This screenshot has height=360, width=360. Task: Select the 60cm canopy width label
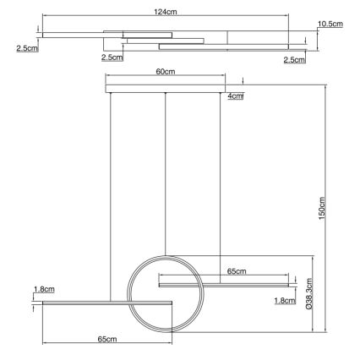pos(166,73)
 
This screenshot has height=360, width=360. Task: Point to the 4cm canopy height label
pos(236,96)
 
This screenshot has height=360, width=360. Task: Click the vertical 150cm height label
pos(321,207)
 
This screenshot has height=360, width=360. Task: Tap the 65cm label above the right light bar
pos(237,271)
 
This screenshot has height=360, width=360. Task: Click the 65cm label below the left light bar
pos(106,339)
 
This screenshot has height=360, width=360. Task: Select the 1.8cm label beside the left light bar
pos(43,290)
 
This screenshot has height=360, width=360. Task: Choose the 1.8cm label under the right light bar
pos(285,300)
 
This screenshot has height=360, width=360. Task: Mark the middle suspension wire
pos(166,169)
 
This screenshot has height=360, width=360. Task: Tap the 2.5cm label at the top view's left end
pos(27,49)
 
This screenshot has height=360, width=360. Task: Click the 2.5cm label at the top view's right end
pos(293,59)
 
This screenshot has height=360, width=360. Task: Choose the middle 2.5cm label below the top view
pos(111,57)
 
